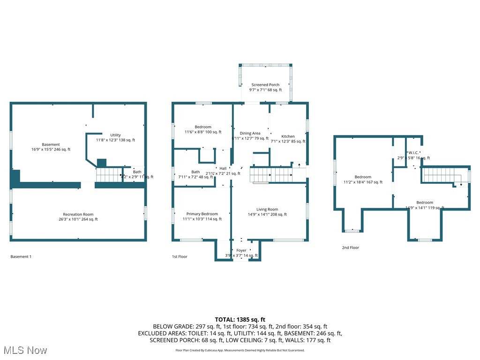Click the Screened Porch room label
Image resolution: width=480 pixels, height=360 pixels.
click(265, 85)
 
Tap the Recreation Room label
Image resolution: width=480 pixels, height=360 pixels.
click(78, 214)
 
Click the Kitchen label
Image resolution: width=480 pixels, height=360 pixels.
click(288, 136)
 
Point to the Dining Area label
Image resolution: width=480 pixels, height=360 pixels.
click(250, 133)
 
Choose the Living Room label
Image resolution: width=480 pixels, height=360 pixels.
click(267, 210)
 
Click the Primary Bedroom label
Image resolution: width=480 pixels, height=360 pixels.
click(202, 214)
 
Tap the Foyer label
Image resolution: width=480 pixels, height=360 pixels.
click(241, 250)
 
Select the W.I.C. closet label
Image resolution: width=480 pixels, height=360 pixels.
click(413, 152)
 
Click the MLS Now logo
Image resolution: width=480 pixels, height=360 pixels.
click(24, 350)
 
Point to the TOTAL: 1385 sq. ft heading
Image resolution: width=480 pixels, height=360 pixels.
click(240, 319)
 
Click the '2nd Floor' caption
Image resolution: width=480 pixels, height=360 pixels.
click(350, 247)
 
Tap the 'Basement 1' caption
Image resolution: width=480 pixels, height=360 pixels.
click(21, 256)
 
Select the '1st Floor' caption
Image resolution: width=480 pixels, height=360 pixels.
click(180, 256)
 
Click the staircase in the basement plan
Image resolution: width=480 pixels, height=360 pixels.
click(109, 175)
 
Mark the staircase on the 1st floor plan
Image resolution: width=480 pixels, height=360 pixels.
click(270, 176)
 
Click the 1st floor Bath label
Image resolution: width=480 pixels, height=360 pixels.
click(195, 172)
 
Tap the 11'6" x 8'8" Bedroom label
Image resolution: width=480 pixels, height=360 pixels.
click(203, 127)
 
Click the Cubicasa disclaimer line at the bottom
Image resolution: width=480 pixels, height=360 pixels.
click(240, 350)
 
